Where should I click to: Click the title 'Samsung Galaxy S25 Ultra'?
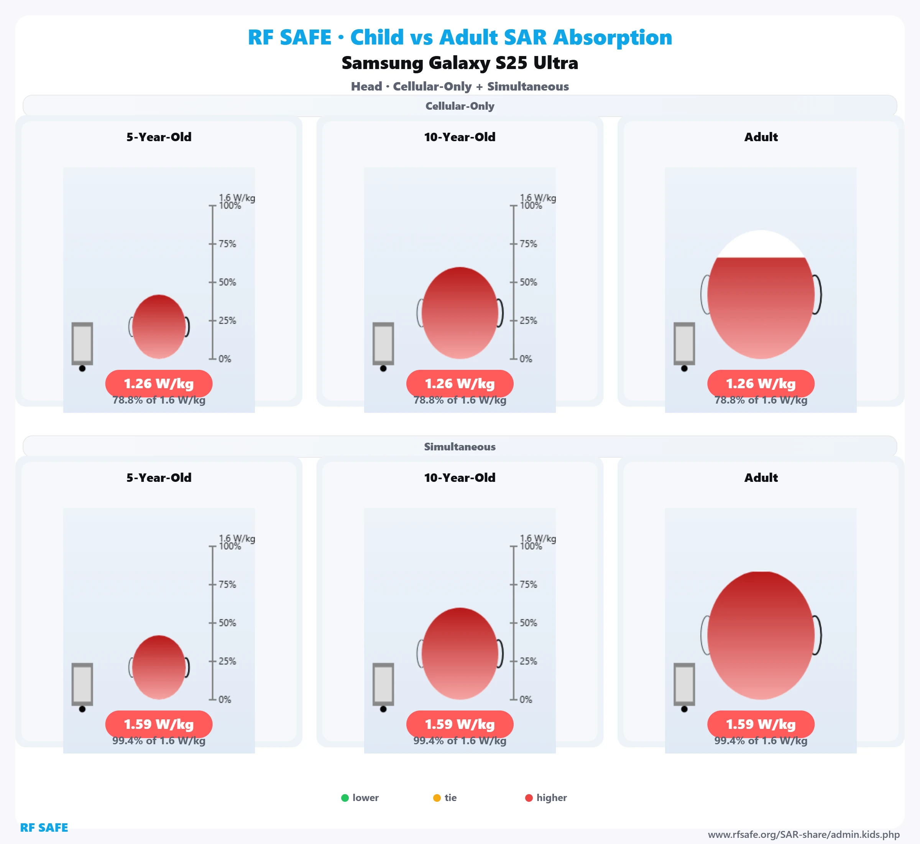click(x=460, y=63)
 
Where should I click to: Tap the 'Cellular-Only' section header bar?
click(x=460, y=106)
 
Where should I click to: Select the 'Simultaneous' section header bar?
click(x=460, y=447)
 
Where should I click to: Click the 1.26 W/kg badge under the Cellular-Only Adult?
click(x=761, y=384)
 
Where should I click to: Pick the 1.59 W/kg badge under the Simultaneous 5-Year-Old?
click(x=159, y=724)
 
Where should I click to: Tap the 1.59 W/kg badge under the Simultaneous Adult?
click(x=761, y=724)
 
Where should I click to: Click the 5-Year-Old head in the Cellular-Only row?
click(x=159, y=326)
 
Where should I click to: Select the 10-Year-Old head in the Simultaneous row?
click(x=460, y=654)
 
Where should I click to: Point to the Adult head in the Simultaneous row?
click(x=761, y=635)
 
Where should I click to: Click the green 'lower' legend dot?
click(x=345, y=798)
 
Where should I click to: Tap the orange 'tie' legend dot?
click(x=437, y=798)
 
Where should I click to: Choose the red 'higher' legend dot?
click(x=529, y=798)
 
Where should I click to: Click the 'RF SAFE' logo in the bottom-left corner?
click(x=44, y=828)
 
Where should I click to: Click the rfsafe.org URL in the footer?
click(x=803, y=835)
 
